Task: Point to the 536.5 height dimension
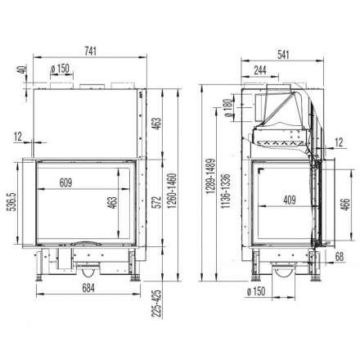11,201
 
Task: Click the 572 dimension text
155,200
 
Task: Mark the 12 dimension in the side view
338,141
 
